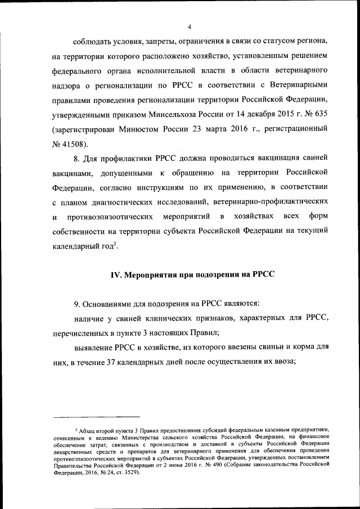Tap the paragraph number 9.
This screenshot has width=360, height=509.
[76, 304]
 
